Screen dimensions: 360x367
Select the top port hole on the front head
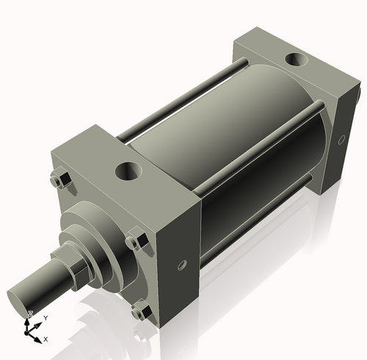[x=126, y=173]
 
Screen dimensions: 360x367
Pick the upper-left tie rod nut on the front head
[x=59, y=180]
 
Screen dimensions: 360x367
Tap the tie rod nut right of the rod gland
[x=134, y=241]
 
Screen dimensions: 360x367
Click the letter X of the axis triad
[x=46, y=339]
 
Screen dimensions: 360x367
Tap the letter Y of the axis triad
[x=46, y=317]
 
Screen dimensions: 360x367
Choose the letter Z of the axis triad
[x=29, y=314]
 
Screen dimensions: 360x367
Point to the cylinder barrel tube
[x=220, y=147]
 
